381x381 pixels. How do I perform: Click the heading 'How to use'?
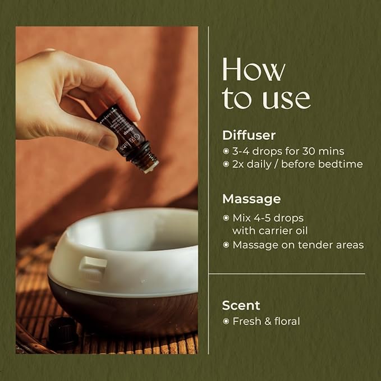coord(265,84)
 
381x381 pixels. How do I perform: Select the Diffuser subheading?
coord(249,135)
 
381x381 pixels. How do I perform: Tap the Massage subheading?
coord(251,199)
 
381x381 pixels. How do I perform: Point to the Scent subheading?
coord(241,305)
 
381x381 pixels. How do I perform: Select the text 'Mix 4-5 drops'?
coord(268,217)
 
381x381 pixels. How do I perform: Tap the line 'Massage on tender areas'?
coord(298,245)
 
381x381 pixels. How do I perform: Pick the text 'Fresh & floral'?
coord(266,322)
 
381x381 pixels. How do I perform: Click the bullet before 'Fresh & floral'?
coord(226,322)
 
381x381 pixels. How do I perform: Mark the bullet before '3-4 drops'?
coord(226,151)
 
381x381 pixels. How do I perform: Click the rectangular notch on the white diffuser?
coord(93,264)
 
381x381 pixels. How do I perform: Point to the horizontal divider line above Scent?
coord(286,274)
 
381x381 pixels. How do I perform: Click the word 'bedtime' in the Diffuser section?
coord(343,164)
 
